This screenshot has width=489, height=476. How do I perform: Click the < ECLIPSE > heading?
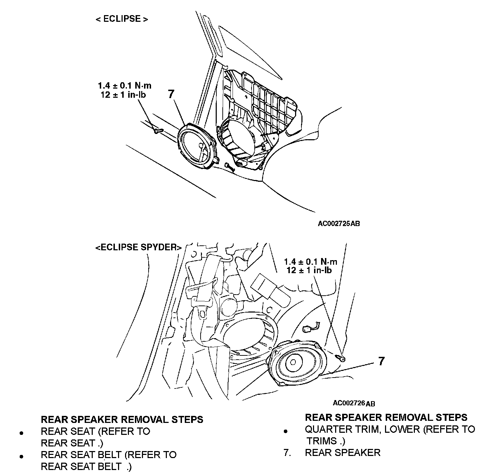(x=122, y=19)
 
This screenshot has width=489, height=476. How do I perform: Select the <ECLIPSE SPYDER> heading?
(x=138, y=247)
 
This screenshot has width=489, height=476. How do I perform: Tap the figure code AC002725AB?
(x=339, y=224)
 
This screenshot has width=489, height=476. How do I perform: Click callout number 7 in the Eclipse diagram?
(x=171, y=94)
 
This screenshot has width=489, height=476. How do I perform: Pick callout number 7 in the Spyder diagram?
(x=382, y=361)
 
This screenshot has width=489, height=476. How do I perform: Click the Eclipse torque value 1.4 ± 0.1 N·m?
(x=125, y=85)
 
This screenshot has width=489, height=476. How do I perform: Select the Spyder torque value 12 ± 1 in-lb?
(x=309, y=270)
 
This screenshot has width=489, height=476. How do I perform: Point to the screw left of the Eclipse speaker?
(x=158, y=131)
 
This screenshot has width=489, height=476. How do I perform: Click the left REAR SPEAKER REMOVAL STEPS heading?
(x=122, y=419)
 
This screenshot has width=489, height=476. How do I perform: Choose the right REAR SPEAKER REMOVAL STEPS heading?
(x=386, y=417)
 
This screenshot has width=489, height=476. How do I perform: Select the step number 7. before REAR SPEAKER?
(x=287, y=452)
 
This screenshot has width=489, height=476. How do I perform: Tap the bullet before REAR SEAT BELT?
(x=22, y=457)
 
